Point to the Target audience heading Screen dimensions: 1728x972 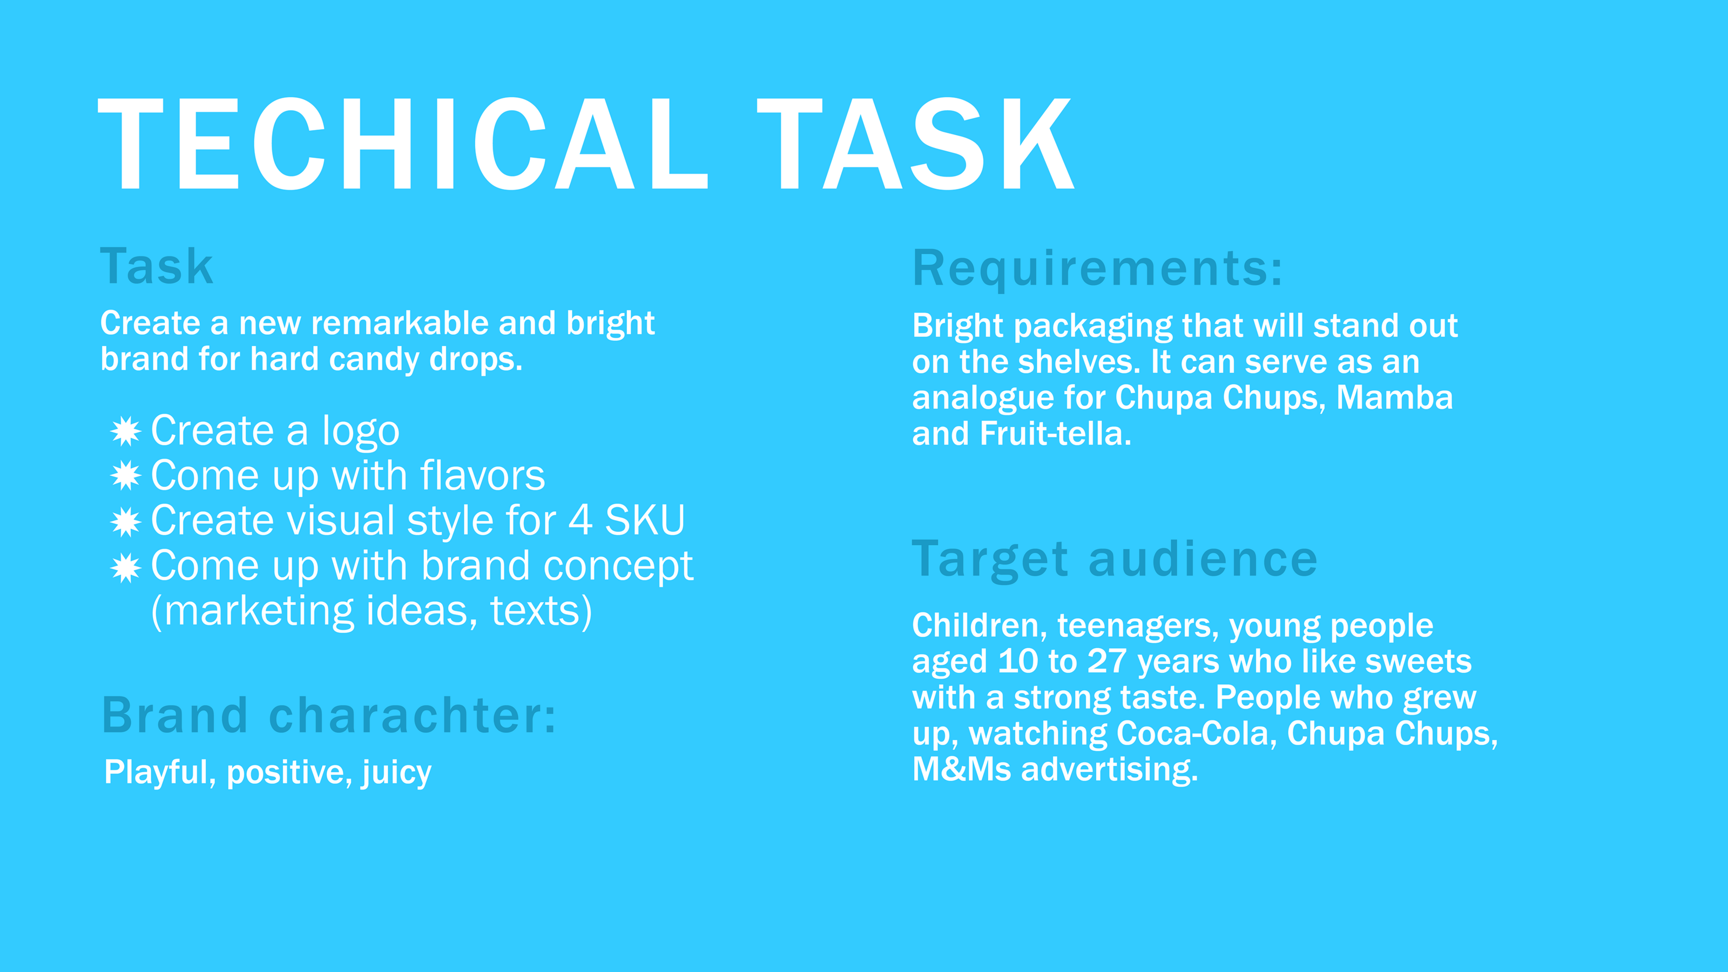tap(1114, 560)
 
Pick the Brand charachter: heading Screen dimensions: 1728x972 tap(329, 715)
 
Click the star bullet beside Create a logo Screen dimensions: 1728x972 tap(125, 431)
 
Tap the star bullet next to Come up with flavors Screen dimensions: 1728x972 tap(125, 476)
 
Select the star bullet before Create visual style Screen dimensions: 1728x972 tap(125, 521)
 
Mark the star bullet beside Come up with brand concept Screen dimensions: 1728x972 tap(125, 568)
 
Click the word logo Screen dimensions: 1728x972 tap(361, 433)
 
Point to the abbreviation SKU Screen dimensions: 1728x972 tap(645, 520)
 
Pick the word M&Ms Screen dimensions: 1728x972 tap(961, 769)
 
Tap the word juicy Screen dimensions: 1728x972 tap(396, 773)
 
